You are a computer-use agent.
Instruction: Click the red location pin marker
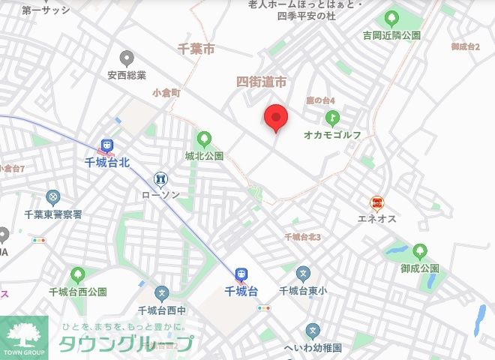click(x=277, y=118)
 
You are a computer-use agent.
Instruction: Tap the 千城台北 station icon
click(x=106, y=145)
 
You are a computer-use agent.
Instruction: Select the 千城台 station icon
click(x=241, y=274)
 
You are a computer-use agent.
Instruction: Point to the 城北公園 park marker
click(x=204, y=139)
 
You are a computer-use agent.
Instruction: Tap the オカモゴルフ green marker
click(x=332, y=118)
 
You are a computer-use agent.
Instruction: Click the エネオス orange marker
click(x=377, y=202)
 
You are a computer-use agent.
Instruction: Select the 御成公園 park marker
click(x=419, y=250)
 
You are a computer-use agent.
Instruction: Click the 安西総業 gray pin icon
click(x=126, y=58)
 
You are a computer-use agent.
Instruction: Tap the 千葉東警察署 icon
click(x=52, y=197)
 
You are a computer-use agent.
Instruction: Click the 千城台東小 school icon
click(x=303, y=274)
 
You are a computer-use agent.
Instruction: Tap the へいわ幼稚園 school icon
click(x=313, y=331)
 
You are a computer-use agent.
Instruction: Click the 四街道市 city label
click(x=261, y=82)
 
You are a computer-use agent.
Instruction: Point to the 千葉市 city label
click(x=196, y=49)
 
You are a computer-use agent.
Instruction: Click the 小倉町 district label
click(x=166, y=93)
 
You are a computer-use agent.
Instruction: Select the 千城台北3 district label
click(x=302, y=237)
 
